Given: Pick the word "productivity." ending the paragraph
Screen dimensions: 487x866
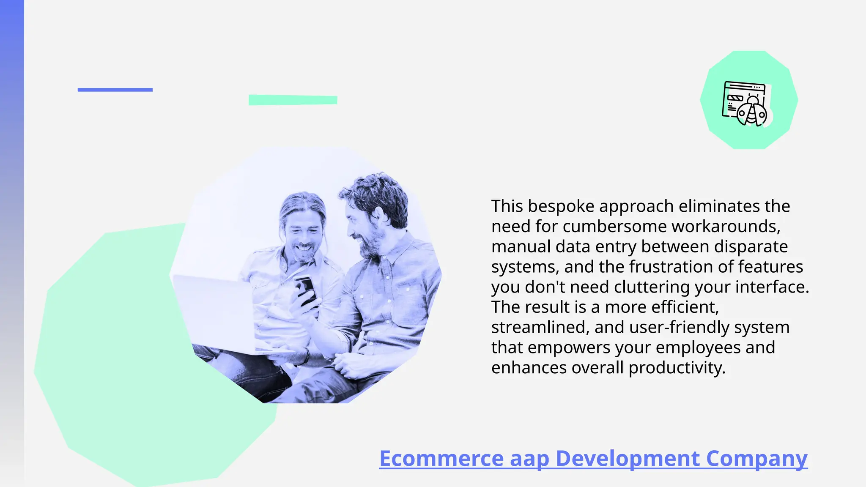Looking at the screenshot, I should click(677, 368).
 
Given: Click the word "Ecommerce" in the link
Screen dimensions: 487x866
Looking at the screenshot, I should click(441, 458).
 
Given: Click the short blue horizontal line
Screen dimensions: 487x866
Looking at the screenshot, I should click(115, 90).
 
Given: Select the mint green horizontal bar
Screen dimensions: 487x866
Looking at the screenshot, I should click(293, 100).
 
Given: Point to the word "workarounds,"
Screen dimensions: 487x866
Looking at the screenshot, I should click(726, 227).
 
